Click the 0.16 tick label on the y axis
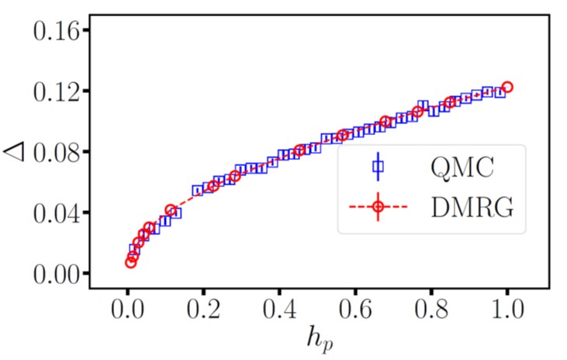coord(56,30)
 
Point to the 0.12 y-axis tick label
coord(56,92)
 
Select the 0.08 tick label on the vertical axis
coord(56,152)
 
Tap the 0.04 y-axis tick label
coord(56,213)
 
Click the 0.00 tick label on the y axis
coord(56,273)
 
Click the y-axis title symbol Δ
coord(17,151)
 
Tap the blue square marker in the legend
coord(378,167)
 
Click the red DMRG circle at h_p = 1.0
coord(507,87)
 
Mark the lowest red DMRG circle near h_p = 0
coord(130,262)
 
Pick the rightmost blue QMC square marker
coord(500,92)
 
